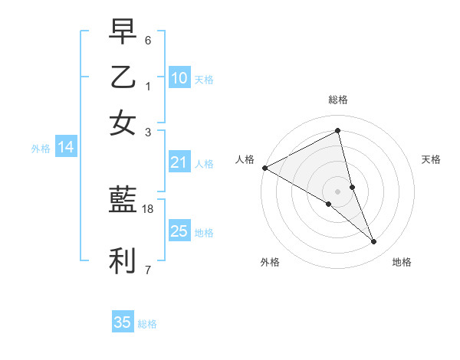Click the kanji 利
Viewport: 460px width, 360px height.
(x=123, y=261)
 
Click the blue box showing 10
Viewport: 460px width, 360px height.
(x=179, y=78)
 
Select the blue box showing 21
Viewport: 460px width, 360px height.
(x=179, y=162)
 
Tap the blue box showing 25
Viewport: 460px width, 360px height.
(x=179, y=231)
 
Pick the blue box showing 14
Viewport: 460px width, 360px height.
(x=65, y=148)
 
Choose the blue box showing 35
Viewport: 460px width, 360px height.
(x=123, y=322)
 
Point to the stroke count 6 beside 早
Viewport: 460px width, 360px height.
(x=149, y=39)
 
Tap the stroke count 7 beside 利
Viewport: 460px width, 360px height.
(x=148, y=270)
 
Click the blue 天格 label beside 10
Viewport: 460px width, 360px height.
(x=204, y=79)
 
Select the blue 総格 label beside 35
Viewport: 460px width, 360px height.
(x=147, y=324)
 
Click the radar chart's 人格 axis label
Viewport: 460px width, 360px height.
(x=245, y=159)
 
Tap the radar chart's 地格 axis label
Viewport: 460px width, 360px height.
(x=402, y=262)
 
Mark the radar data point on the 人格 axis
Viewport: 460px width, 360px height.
(x=264, y=168)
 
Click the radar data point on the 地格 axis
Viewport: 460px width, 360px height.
(x=374, y=242)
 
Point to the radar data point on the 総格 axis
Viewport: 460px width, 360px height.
(x=338, y=131)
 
